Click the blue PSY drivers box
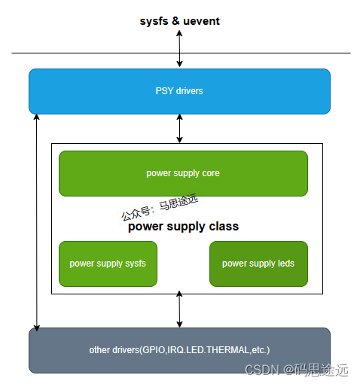pos(179,91)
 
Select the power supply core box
pos(183,173)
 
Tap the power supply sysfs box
pos(108,264)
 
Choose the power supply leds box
pos(258,264)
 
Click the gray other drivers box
pos(179,350)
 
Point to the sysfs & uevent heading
pos(179,21)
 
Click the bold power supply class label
pos(183,226)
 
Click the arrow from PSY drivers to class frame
pos(179,128)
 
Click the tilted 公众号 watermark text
pos(159,207)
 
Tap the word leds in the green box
pos(285,264)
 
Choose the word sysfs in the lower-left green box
pos(135,264)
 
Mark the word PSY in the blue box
pos(163,91)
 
